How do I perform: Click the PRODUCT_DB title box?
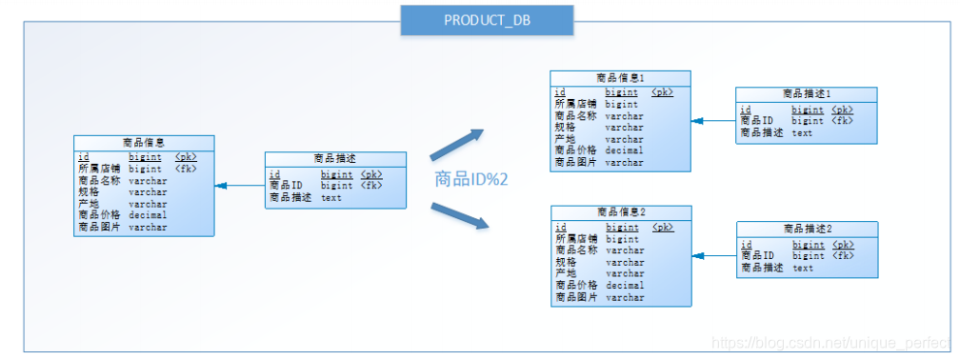(x=487, y=20)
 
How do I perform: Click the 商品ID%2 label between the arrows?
(x=470, y=179)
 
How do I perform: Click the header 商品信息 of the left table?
(x=144, y=142)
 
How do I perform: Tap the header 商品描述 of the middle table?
(x=335, y=159)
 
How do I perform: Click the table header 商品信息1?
(x=620, y=77)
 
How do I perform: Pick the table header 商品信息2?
(x=621, y=211)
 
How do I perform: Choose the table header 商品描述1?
(x=807, y=93)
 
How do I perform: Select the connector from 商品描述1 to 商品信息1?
(x=713, y=121)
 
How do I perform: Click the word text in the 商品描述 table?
(x=330, y=198)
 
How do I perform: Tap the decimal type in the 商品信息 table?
(x=148, y=215)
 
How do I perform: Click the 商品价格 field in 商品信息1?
(x=575, y=150)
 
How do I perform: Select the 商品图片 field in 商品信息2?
(x=576, y=297)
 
